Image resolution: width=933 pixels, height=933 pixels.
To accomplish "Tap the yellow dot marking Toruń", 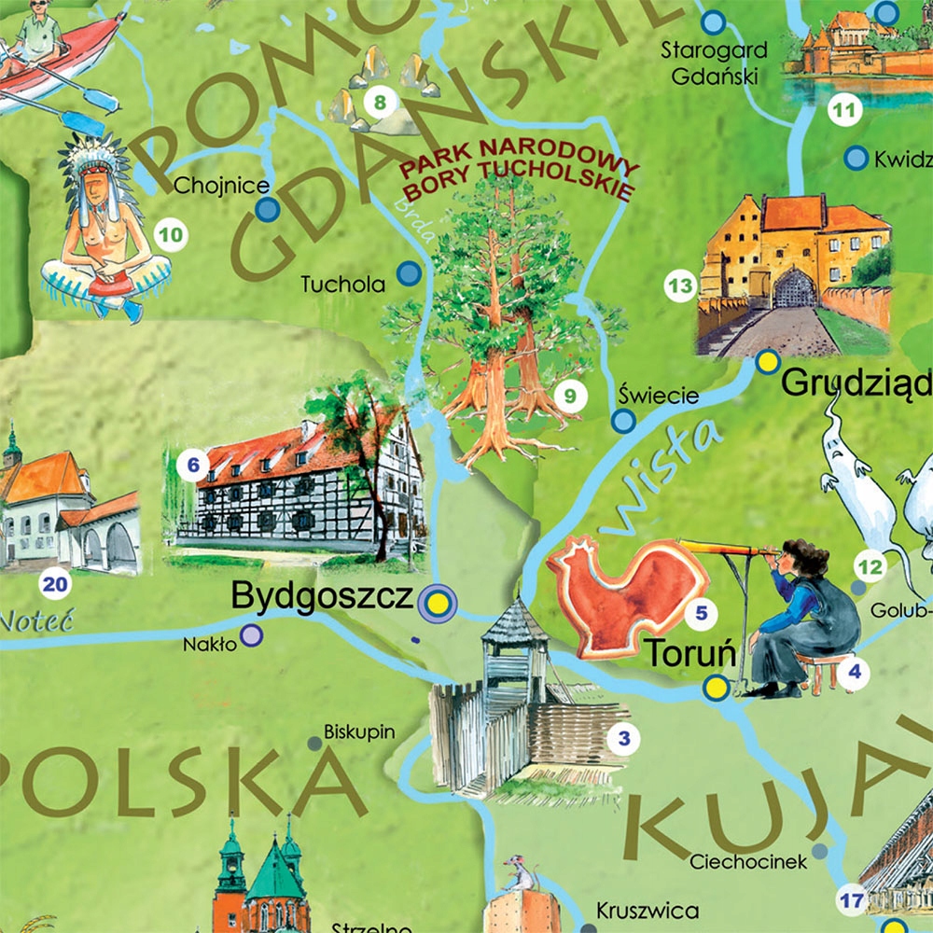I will coord(716,689).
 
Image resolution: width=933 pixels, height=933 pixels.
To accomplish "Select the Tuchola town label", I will coord(342,285).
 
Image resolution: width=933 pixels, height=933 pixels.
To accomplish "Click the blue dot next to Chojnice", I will coord(268,209).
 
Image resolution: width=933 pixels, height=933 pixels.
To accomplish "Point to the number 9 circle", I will coord(568,395).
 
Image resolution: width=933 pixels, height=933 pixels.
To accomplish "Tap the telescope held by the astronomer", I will coord(723,551).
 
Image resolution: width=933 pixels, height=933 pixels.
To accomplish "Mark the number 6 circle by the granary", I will coord(192,464).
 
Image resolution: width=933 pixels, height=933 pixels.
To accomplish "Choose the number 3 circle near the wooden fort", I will coord(624,741).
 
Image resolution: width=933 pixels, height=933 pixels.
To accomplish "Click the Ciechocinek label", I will coord(748,862).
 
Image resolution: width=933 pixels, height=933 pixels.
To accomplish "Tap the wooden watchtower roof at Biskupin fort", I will coord(514,621).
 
